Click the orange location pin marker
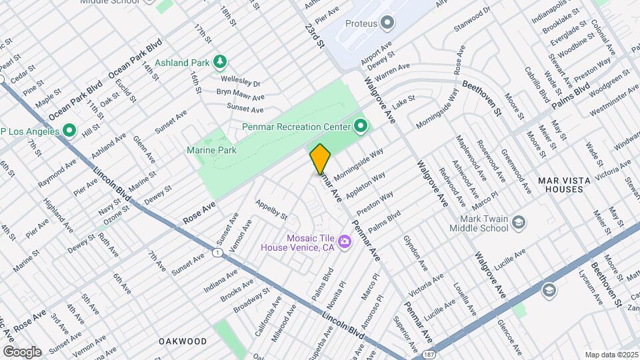pyautogui.click(x=320, y=159)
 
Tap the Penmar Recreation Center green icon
pyautogui.click(x=361, y=125)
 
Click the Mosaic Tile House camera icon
pyautogui.click(x=345, y=241)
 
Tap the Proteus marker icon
pyautogui.click(x=387, y=23)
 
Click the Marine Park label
pyautogui.click(x=216, y=151)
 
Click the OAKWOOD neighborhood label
pyautogui.click(x=183, y=341)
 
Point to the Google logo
pyautogui.click(x=22, y=351)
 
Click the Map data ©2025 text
pyautogui.click(x=611, y=355)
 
